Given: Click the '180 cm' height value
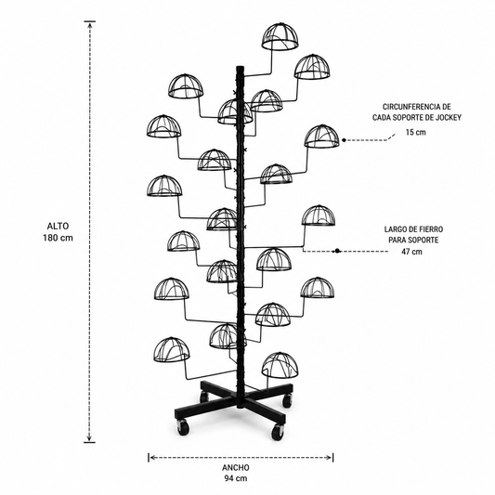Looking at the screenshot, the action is (58, 238).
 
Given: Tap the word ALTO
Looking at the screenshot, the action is (58, 226).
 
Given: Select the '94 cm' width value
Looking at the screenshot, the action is (236, 478).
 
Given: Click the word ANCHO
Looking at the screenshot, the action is (236, 467).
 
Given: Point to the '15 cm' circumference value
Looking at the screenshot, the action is (416, 132).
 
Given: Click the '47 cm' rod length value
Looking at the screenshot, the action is (411, 252).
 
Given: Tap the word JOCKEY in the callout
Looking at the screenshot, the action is (449, 117).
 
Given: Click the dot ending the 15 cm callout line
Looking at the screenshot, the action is (344, 140).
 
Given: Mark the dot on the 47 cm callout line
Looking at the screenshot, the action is (337, 251).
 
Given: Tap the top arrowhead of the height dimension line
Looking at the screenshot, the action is (90, 24).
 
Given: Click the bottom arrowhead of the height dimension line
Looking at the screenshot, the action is (90, 438).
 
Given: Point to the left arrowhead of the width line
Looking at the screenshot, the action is (152, 457).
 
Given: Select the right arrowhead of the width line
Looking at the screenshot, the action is (330, 457).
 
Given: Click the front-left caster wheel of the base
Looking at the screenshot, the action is (183, 427).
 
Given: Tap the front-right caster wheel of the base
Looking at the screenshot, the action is (278, 432).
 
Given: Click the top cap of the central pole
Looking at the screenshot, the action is (240, 68).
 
